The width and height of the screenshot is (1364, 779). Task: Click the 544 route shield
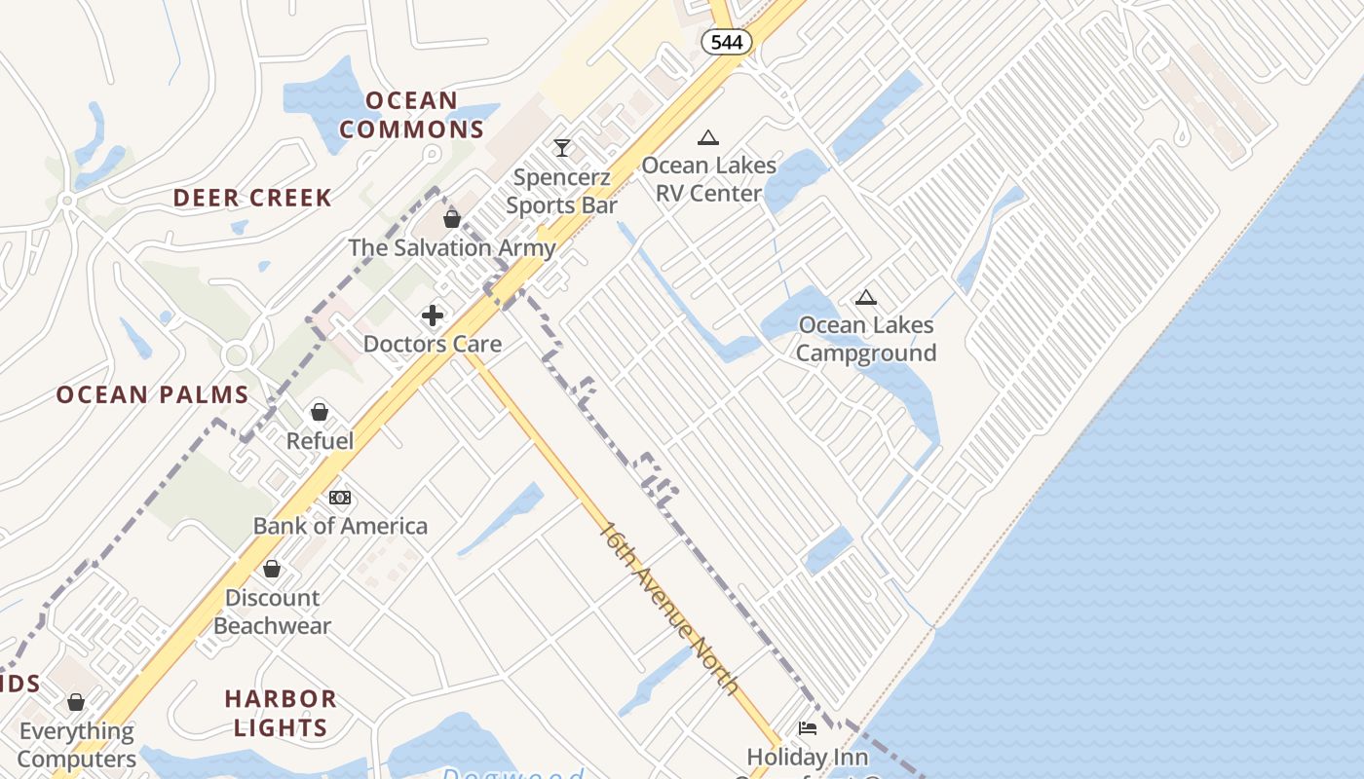[x=727, y=42]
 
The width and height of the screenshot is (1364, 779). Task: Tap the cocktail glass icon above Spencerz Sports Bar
[x=562, y=148]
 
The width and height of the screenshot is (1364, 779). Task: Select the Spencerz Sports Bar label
[x=562, y=191]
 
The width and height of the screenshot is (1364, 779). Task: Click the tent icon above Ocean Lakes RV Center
[x=708, y=138]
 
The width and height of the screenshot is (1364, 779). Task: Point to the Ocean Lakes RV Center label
[x=708, y=179]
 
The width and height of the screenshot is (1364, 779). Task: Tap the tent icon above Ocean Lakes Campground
[x=865, y=297]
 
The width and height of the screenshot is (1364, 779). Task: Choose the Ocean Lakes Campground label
[x=865, y=339]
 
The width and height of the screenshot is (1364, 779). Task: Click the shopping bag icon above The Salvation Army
[x=452, y=219]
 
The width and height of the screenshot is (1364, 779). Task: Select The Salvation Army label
[x=452, y=247]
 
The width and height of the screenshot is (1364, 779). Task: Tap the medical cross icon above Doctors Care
[x=433, y=315]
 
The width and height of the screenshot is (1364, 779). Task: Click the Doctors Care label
[x=433, y=344]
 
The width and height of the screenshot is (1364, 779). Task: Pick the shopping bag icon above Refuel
[x=320, y=412]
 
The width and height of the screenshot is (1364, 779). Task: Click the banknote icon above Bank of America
[x=340, y=498]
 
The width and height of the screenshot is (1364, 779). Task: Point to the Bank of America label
[x=340, y=526]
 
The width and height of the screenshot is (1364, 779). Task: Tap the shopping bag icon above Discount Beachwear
[x=272, y=569]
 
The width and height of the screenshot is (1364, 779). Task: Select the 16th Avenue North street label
[x=668, y=608]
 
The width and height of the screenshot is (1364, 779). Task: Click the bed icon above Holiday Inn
[x=807, y=728]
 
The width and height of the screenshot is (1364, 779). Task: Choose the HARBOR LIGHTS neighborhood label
[x=281, y=713]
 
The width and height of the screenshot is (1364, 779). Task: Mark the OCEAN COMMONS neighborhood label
[x=411, y=115]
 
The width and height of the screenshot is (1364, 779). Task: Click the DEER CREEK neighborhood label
[x=252, y=198]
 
